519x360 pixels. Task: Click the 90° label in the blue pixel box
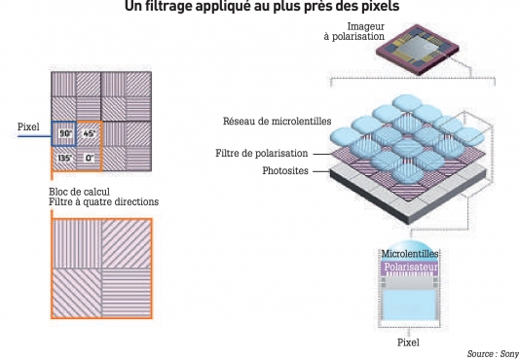click(65, 133)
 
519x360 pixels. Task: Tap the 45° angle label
click(90, 133)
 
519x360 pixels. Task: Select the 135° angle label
click(65, 158)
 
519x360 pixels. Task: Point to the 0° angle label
click(90, 159)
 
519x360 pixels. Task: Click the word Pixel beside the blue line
click(28, 126)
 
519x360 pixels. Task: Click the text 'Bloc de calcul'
click(80, 192)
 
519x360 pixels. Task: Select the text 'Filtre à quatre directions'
click(103, 201)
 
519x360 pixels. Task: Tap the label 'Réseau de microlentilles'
click(278, 121)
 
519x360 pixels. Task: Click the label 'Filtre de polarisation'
click(262, 153)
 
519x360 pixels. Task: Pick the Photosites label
click(285, 170)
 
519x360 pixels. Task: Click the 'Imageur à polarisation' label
click(354, 31)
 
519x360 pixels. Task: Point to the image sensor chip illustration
click(418, 50)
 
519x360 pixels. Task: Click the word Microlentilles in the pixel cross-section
click(410, 254)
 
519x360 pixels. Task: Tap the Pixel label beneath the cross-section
click(408, 342)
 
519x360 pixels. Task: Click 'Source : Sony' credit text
click(493, 354)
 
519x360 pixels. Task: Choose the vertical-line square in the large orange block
click(77, 244)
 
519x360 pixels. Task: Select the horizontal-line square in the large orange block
click(127, 293)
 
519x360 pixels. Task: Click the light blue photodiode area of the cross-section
click(410, 305)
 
